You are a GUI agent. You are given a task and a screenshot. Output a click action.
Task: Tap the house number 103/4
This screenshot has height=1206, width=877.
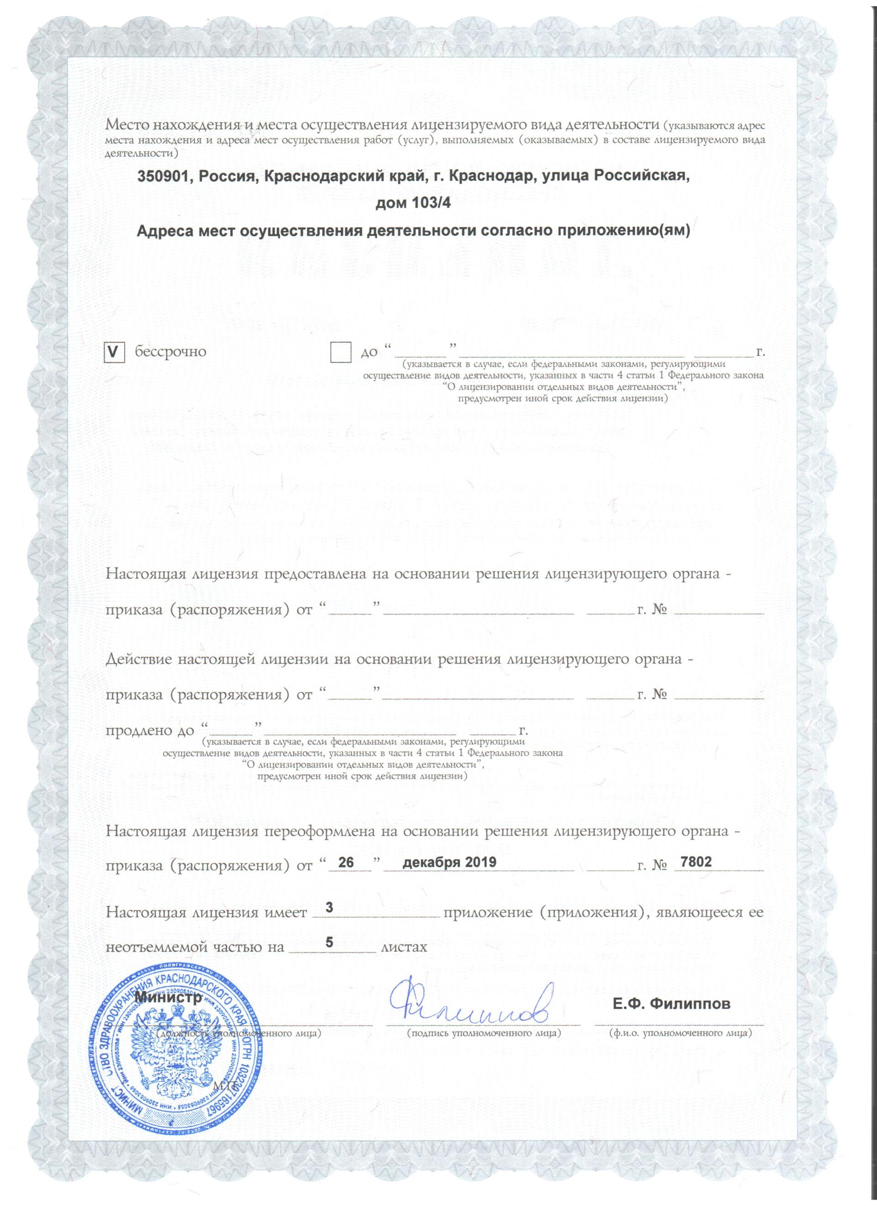tap(431, 204)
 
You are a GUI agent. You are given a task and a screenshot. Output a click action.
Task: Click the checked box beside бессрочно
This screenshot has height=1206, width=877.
tap(114, 352)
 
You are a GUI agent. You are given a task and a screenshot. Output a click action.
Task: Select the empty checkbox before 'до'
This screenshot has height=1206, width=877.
tap(340, 352)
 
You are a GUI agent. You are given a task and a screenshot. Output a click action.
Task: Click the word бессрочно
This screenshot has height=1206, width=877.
tap(170, 352)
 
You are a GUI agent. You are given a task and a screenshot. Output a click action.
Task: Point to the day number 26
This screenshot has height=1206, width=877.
tap(346, 863)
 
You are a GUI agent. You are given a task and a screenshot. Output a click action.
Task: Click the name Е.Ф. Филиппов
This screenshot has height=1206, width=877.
tap(671, 1005)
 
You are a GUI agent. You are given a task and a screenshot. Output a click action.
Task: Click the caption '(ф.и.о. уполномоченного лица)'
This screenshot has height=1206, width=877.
tap(680, 1033)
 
